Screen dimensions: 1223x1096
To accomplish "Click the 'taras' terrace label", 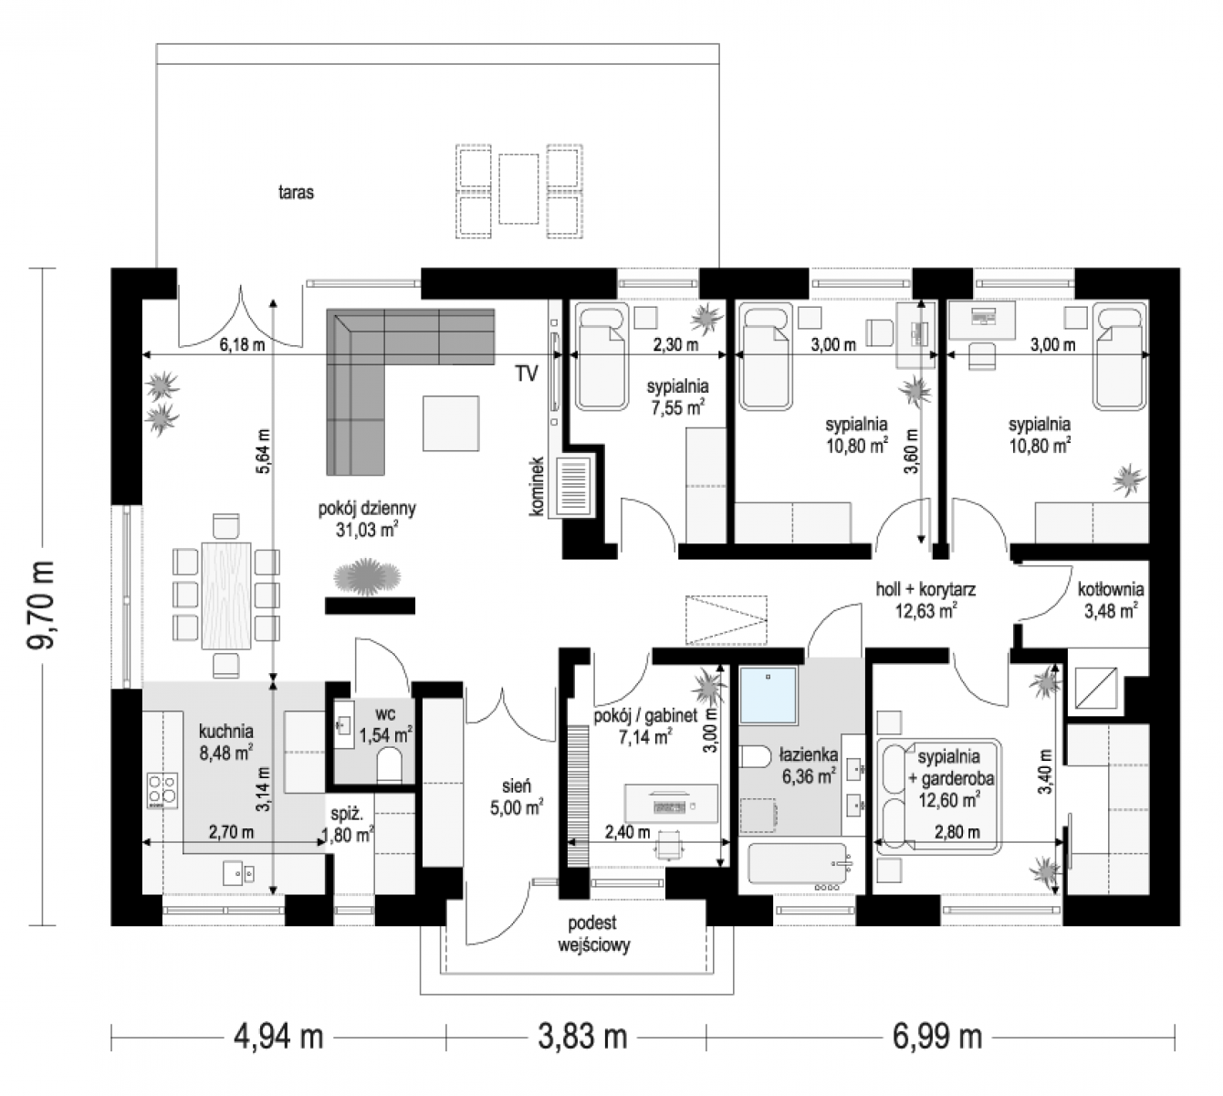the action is tap(296, 192).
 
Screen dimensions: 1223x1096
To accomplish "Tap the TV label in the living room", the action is tap(526, 374).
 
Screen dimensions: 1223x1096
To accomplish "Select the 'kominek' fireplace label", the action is tap(537, 486).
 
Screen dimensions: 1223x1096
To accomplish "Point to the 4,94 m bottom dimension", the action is tap(278, 1037).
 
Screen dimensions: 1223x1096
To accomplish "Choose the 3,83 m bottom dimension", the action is tap(582, 1037).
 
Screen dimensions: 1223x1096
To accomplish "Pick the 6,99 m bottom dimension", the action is tap(937, 1037).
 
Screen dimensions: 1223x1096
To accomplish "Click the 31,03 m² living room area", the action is tap(367, 530).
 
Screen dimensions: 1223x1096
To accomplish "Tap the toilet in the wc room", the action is tap(390, 764).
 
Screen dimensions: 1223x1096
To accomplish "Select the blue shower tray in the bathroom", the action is tap(769, 695).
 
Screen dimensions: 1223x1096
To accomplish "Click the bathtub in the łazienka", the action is tap(800, 864).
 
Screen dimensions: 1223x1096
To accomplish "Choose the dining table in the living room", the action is tap(226, 595).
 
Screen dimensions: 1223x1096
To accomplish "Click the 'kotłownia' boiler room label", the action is tap(1111, 588).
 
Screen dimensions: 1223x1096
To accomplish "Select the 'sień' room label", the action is tap(517, 786).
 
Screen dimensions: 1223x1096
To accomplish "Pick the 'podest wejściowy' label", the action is tap(593, 933).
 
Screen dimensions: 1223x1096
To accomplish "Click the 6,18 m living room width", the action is tap(242, 345).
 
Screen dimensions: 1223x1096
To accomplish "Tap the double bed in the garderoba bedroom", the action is tap(939, 796).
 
